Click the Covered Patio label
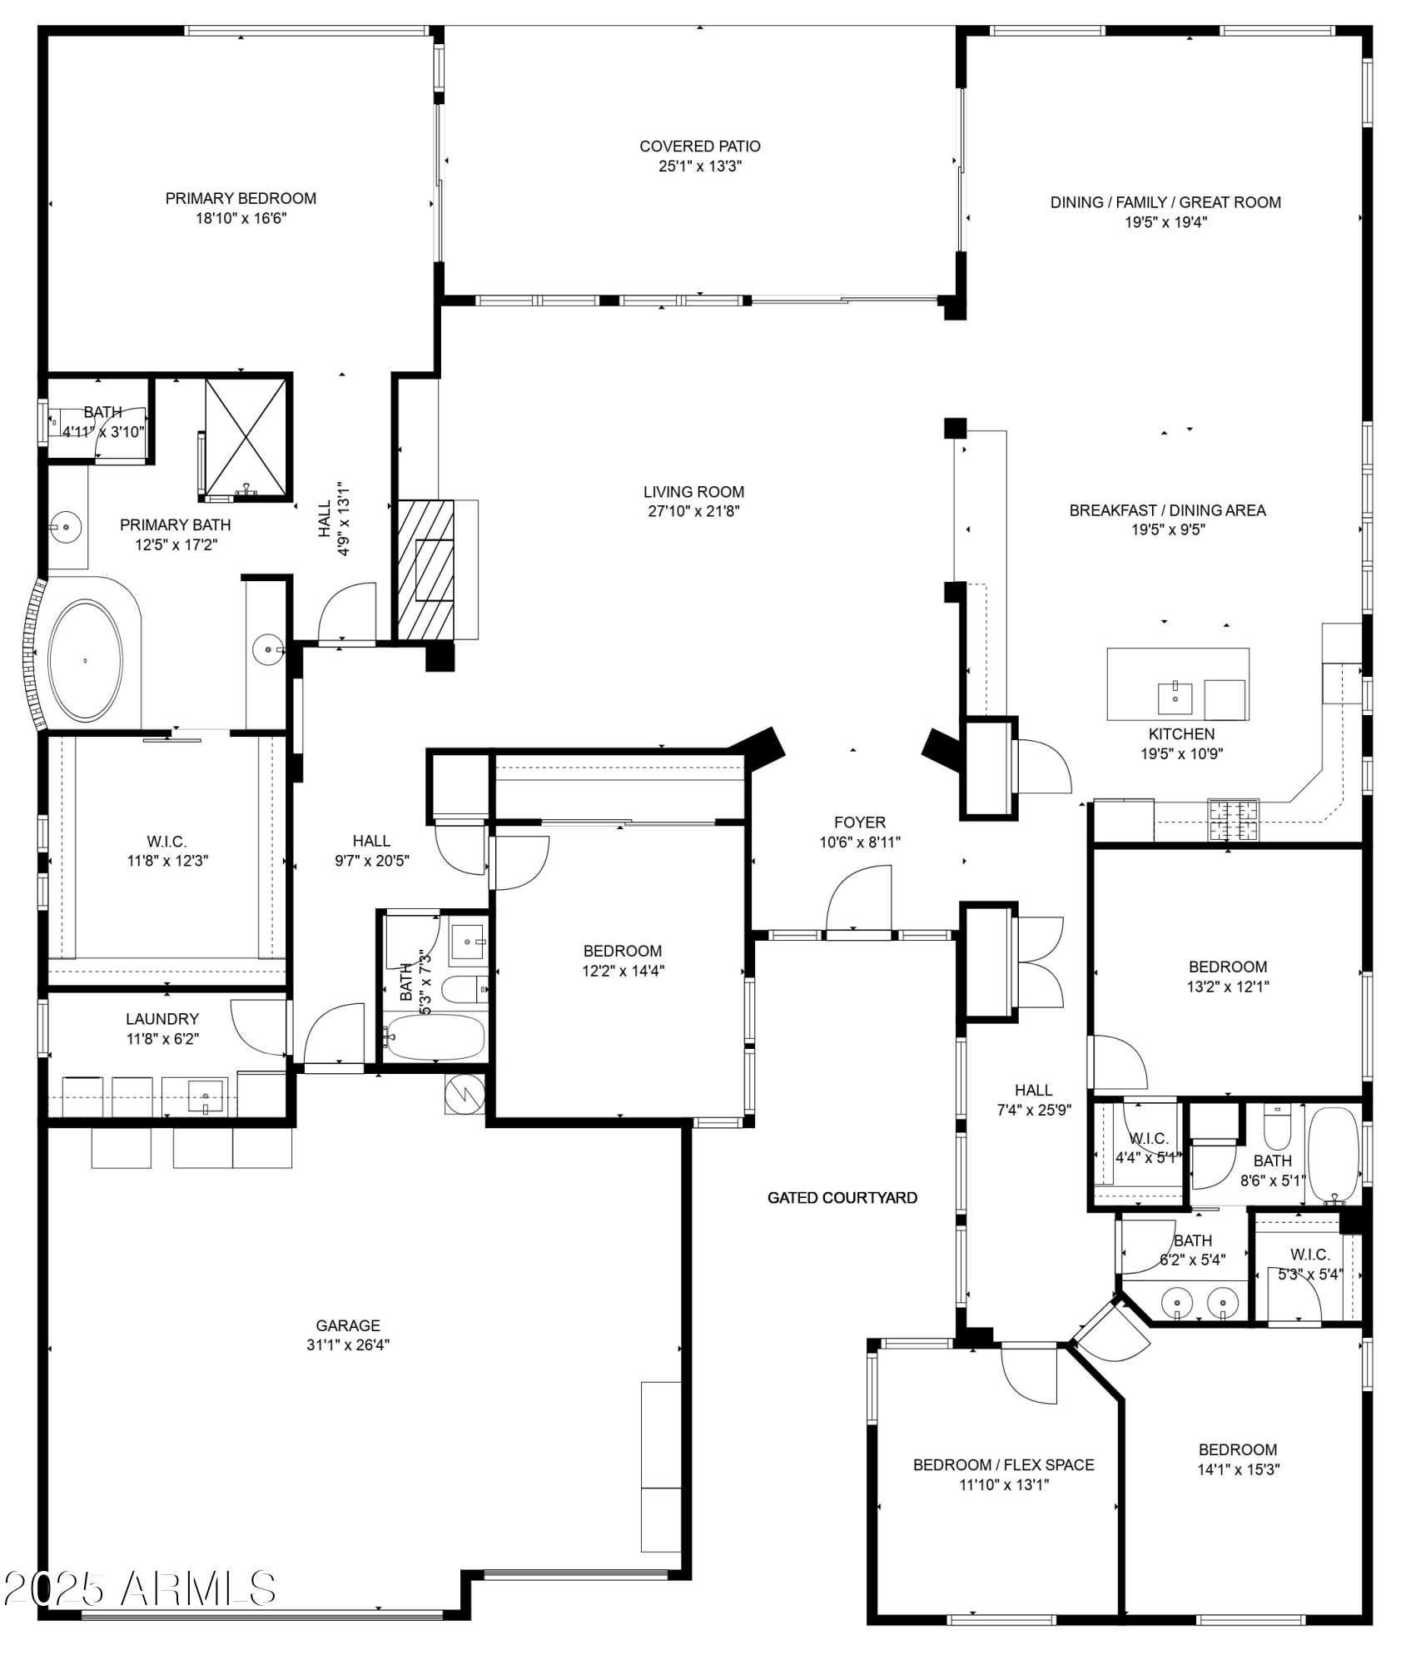699,147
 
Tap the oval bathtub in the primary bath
85,660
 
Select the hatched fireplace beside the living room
426,569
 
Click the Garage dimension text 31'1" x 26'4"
348,1344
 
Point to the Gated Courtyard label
842,1198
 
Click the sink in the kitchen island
1175,698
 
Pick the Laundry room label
162,1019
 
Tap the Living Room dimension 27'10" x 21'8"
693,511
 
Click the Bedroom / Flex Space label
1003,1464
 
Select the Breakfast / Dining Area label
1167,510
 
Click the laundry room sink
205,1096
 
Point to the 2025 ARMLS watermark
139,1588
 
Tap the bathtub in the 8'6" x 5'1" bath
1333,1156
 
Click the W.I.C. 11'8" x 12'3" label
167,851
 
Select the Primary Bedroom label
241,198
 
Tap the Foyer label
860,823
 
